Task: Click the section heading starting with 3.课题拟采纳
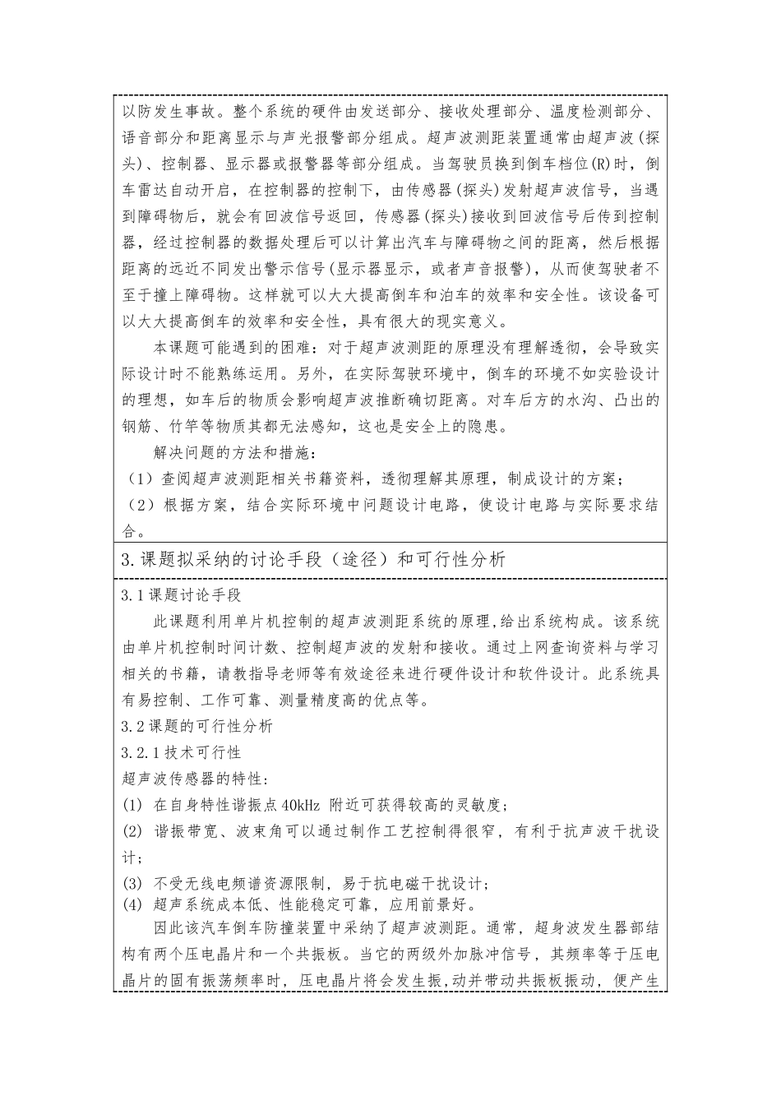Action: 312,561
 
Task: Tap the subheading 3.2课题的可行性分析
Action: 196,726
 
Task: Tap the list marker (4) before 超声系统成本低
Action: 132,905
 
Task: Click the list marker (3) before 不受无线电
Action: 132,884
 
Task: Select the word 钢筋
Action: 138,426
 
